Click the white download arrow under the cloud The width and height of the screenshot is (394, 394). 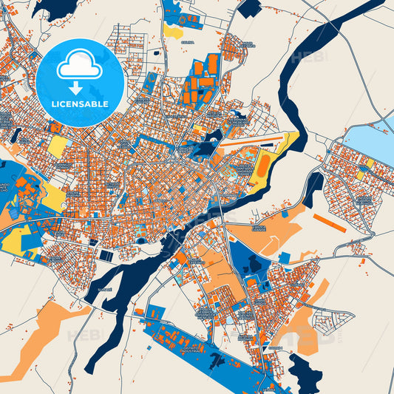77,88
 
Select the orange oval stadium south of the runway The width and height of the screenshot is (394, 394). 262,165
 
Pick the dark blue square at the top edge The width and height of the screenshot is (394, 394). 250,7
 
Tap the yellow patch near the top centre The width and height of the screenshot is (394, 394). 174,32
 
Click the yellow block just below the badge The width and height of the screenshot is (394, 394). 57,146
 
